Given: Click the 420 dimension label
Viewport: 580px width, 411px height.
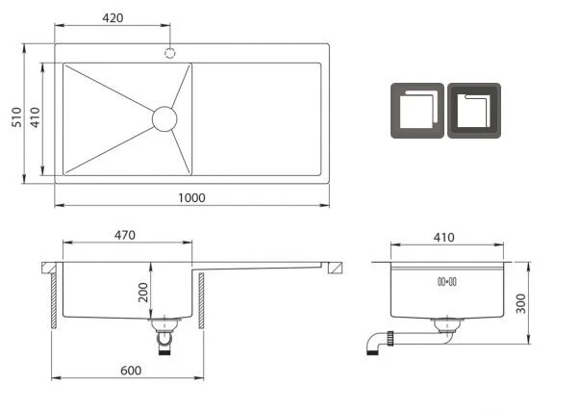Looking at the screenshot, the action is tap(113, 17).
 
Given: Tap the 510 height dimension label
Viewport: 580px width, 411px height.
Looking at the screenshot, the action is tap(16, 117).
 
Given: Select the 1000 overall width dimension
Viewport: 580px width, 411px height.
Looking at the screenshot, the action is tap(191, 197).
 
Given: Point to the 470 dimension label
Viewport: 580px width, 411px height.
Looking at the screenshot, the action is tap(125, 235).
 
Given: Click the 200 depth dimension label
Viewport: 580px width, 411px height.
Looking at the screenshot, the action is tap(143, 293).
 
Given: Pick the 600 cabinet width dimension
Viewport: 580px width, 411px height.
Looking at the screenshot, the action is tap(131, 371).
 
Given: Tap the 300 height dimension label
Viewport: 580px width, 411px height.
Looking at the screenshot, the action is tap(520, 303).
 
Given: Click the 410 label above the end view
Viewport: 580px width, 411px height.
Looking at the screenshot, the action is tap(443, 238).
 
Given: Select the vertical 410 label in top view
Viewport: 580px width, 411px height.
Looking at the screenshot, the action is tap(35, 117).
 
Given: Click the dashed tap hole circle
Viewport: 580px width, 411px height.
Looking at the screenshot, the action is tap(170, 53).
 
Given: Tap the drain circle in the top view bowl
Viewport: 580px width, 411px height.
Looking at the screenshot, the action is tap(164, 118).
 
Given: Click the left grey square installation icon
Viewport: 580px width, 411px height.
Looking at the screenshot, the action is tap(417, 111).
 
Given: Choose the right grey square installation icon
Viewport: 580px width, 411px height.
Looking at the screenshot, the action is tap(474, 111).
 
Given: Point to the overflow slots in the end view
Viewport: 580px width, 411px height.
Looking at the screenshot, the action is tap(447, 282).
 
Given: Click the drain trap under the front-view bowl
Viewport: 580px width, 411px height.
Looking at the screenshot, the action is tap(164, 335).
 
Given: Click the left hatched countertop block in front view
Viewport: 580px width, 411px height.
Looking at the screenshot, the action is tap(49, 268).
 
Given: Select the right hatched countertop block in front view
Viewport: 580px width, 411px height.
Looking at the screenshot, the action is tap(335, 268).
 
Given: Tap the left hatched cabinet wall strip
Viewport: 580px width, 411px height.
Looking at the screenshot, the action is tap(54, 301).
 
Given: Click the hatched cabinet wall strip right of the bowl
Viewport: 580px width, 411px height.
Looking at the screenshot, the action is tap(201, 301).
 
